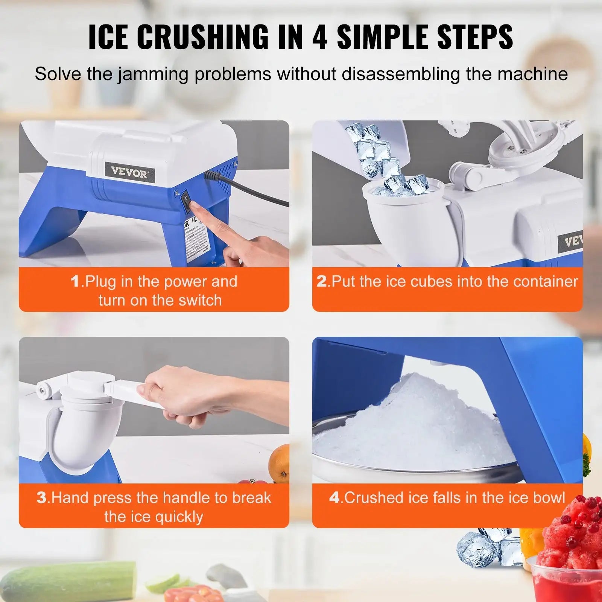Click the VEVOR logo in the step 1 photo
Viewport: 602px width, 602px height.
pyautogui.click(x=129, y=173)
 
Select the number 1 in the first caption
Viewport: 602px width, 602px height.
pyautogui.click(x=75, y=281)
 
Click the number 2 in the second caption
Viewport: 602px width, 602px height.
pyautogui.click(x=321, y=281)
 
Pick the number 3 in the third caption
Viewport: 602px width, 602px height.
pyautogui.click(x=41, y=497)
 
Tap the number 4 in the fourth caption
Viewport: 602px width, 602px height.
pyautogui.click(x=334, y=497)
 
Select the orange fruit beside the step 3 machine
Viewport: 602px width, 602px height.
pyautogui.click(x=279, y=463)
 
